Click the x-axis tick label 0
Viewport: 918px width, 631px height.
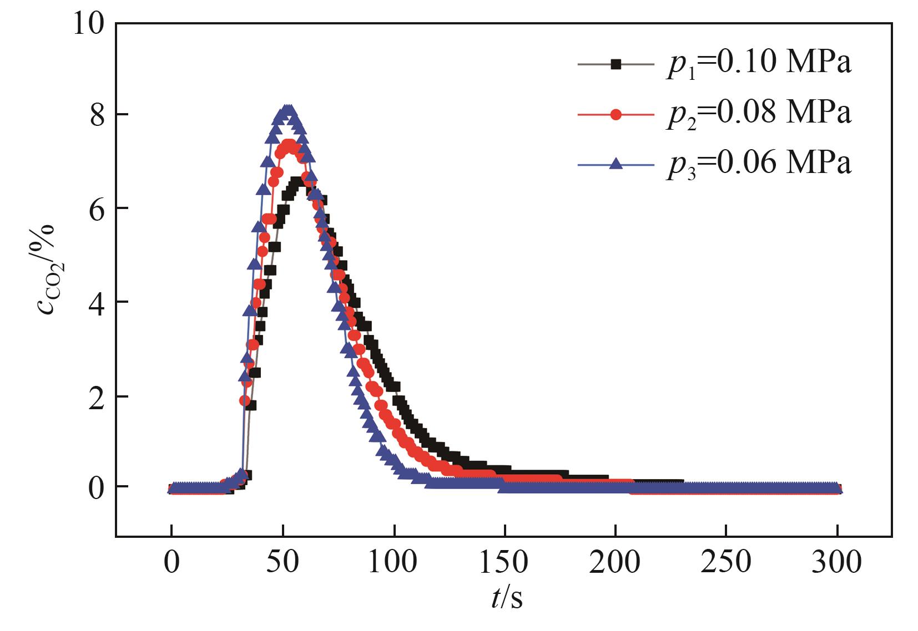(172, 563)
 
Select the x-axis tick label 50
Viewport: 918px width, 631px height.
(283, 563)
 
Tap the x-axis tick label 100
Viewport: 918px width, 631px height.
(394, 563)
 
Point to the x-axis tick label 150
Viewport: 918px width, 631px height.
(505, 563)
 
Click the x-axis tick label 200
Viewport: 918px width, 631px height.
(616, 563)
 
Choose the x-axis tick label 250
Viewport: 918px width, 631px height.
(727, 563)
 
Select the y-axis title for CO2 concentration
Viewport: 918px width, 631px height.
(47, 269)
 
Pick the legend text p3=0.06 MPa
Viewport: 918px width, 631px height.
(759, 164)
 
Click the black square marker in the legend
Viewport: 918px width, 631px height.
(615, 64)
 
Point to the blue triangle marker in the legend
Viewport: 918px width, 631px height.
(615, 163)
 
